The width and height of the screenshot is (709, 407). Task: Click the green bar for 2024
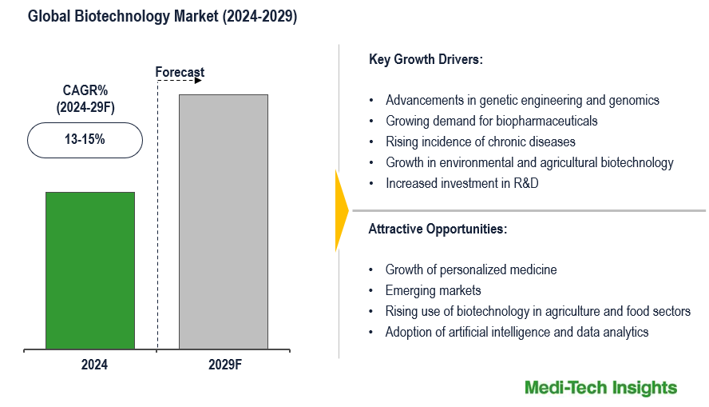(90, 270)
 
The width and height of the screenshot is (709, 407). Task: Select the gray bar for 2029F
(223, 221)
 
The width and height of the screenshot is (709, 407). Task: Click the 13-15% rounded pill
(85, 140)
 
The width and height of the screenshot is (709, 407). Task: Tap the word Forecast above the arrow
(180, 72)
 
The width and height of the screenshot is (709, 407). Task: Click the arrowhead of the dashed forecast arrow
(198, 80)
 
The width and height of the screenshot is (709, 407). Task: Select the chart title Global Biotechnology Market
(162, 17)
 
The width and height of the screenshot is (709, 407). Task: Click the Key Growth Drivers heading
(426, 60)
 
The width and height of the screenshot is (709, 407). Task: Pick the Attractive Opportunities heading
(438, 229)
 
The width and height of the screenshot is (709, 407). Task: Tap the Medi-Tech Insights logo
(600, 388)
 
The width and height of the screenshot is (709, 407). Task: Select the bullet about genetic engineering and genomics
(522, 100)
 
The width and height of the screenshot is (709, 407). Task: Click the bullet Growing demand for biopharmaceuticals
(491, 121)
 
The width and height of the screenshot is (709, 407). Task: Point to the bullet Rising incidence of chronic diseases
(480, 142)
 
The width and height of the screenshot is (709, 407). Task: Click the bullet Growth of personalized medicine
(470, 269)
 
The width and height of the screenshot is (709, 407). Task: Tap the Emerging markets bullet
(433, 290)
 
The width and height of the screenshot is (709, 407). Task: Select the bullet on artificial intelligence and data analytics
(517, 332)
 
